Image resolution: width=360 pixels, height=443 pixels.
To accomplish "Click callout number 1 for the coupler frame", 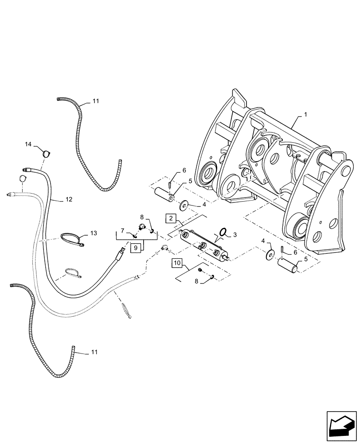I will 306,115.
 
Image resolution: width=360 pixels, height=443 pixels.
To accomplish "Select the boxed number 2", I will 171,218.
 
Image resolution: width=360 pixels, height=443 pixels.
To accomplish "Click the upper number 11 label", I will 96,101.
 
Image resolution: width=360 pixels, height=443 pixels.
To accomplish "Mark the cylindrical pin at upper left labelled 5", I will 164,194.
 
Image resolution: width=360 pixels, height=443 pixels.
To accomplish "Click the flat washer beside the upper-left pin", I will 184,206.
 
